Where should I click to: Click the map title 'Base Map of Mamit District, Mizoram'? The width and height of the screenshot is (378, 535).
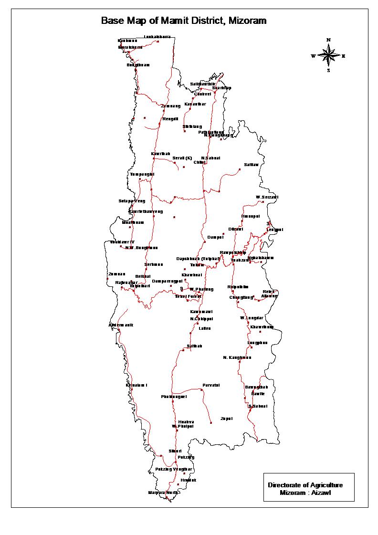184,21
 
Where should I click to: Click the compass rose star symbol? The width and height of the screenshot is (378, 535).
328,56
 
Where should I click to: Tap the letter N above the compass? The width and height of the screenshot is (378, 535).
328,40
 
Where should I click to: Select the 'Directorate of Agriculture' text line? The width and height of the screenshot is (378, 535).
305,485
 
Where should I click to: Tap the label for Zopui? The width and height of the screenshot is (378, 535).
226,419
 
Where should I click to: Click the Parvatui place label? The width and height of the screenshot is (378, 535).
211,385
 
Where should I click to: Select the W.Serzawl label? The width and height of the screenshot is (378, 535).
267,197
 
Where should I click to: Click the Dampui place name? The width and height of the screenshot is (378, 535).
215,237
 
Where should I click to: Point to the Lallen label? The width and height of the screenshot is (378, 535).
204,328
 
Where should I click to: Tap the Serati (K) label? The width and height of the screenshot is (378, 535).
182,158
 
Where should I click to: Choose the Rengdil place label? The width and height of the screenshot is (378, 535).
170,119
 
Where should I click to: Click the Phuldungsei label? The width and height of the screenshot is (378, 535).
174,397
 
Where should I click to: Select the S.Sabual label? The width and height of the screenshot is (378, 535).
258,406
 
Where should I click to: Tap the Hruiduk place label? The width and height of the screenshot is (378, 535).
188,480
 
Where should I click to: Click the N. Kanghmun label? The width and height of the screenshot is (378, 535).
237,357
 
